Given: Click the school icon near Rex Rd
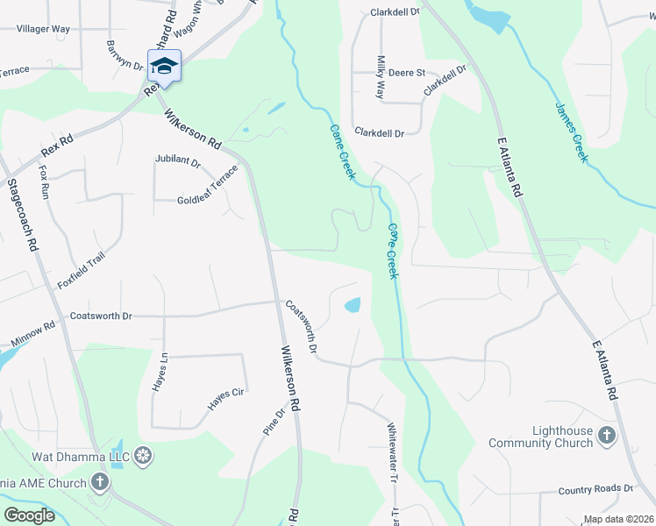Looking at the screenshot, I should pyautogui.click(x=164, y=65).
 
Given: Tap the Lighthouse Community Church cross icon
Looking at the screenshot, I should pyautogui.click(x=606, y=435).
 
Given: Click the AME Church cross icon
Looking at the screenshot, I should pyautogui.click(x=100, y=482).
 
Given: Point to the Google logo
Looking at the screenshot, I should pyautogui.click(x=29, y=515).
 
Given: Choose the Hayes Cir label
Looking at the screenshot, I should pyautogui.click(x=225, y=399).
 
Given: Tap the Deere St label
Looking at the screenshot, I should pyautogui.click(x=406, y=73).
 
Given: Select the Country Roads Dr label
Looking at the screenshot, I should pyautogui.click(x=595, y=489).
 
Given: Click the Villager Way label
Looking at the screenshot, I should pyautogui.click(x=43, y=29).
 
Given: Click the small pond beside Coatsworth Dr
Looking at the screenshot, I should pyautogui.click(x=352, y=305).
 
